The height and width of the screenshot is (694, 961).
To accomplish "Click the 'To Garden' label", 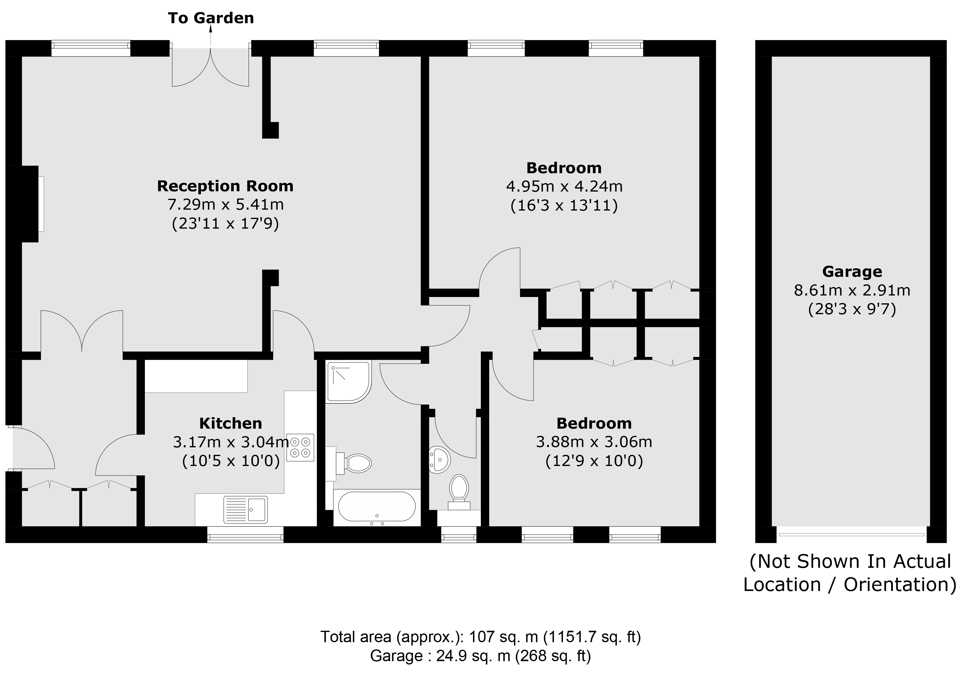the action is pos(211,18).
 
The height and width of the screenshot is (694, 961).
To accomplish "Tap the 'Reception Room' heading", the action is pos(225,186).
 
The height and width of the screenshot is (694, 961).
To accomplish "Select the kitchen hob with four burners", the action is pos(300,447).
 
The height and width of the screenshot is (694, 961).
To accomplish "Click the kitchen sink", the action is pos(246,509).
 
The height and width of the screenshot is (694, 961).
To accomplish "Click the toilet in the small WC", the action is pos(459,492).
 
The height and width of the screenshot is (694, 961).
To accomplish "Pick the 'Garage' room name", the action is pos(852,271).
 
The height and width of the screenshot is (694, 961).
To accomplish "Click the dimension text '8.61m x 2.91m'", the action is pos(852,290).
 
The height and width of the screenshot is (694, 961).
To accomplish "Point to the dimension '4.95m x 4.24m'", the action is pos(564,186).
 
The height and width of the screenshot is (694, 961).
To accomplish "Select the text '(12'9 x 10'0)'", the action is pos(594,461).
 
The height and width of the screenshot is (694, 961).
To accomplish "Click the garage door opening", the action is pos(851,534).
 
